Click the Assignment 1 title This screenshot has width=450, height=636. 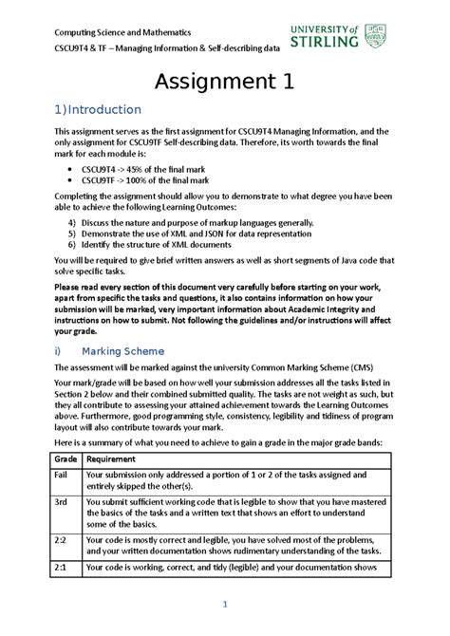[x=224, y=83]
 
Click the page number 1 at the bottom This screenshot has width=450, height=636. [x=225, y=606]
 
